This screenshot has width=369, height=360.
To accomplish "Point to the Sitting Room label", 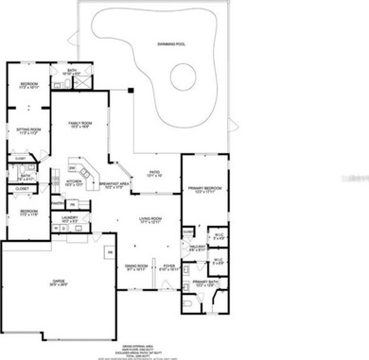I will (x=28, y=132).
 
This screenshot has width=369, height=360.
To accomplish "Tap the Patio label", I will (x=155, y=175).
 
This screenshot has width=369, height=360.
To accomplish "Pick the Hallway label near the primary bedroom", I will (x=197, y=248).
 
